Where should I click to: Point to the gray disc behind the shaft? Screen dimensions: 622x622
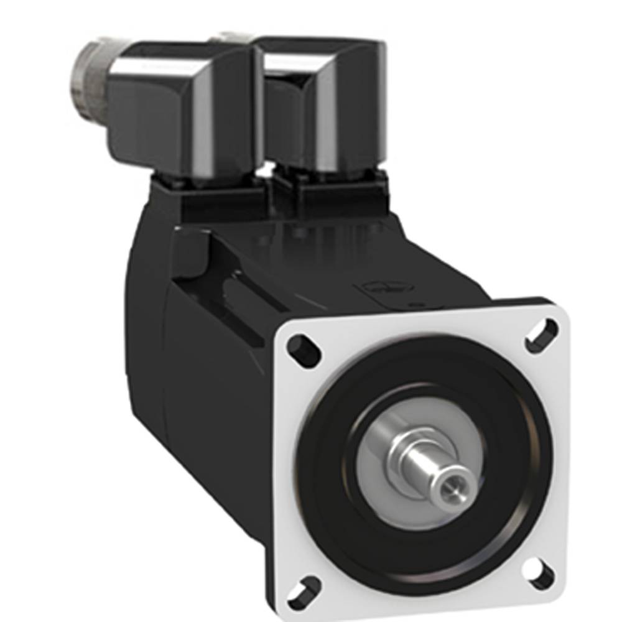[386, 448]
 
